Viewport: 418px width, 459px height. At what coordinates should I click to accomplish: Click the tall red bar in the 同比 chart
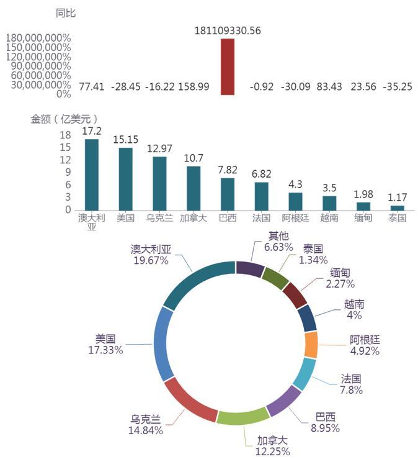click(x=228, y=67)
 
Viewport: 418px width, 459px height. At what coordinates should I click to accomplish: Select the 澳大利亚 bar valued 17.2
click(x=92, y=175)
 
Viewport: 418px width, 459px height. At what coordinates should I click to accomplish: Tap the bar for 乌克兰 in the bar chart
click(x=159, y=183)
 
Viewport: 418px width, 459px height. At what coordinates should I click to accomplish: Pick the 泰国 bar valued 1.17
click(x=397, y=208)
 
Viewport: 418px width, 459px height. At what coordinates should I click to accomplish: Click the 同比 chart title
click(x=66, y=12)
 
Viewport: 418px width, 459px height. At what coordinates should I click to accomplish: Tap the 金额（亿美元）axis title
click(x=64, y=119)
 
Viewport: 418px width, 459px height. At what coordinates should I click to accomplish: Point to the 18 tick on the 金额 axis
click(x=65, y=135)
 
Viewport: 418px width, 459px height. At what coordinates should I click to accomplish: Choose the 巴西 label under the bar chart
click(x=228, y=218)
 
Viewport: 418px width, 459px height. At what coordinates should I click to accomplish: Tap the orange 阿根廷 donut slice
click(x=311, y=345)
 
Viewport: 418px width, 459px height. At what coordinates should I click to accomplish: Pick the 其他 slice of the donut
click(x=249, y=268)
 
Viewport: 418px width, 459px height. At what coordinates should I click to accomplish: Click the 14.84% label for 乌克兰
click(x=146, y=430)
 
